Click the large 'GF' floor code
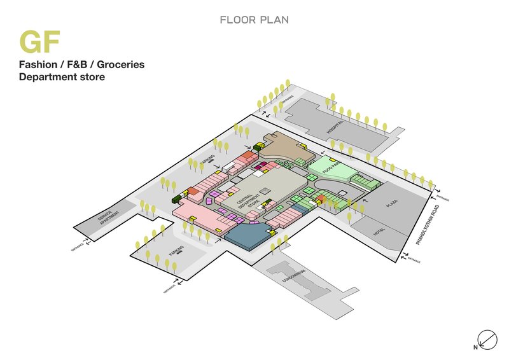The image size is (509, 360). [39, 42]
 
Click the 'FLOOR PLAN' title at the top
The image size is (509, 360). [254, 20]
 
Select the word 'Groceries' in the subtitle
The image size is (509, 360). [118, 65]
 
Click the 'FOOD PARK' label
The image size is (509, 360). [330, 167]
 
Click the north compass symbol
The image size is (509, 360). [487, 338]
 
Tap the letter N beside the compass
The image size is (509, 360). [475, 347]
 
